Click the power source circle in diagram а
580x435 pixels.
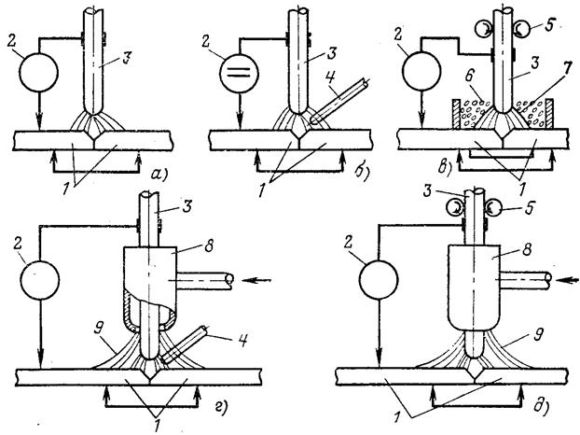[x=39, y=72]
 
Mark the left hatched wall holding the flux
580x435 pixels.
[x=456, y=113]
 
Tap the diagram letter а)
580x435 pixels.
[x=159, y=174]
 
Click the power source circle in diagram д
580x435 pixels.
[x=379, y=279]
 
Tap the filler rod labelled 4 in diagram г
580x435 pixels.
[x=186, y=344]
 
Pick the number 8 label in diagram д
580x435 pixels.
[x=527, y=249]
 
